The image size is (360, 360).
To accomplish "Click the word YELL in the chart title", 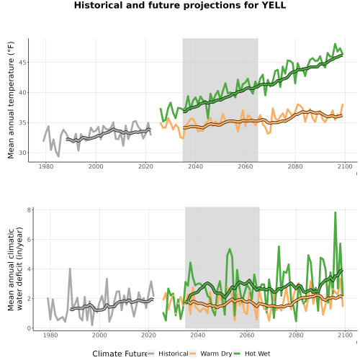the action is [274, 5].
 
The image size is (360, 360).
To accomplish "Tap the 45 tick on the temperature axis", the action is [22, 63].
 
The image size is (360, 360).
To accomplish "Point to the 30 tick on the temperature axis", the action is [22, 153].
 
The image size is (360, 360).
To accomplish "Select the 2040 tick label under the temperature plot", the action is [195, 166].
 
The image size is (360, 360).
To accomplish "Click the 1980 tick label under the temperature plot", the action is [46, 166].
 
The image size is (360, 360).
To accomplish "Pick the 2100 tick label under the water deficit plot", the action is [345, 335].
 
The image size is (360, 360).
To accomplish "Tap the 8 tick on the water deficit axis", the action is [30, 210].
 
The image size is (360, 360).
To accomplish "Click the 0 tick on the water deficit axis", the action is [30, 328].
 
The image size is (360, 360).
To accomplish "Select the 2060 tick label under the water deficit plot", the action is [246, 335].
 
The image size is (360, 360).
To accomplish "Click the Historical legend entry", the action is [168, 354].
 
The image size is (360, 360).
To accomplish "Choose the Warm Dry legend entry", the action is [211, 354].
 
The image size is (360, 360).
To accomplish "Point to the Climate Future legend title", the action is [120, 354].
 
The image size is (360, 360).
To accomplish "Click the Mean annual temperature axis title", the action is [11, 100].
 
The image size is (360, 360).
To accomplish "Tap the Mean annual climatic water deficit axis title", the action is [15, 269].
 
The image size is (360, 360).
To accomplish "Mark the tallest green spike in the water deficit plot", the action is [336, 212].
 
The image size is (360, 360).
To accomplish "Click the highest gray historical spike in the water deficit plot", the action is [70, 269].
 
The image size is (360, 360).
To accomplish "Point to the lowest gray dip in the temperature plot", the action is [58, 156].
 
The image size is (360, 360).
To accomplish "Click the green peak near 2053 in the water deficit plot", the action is [230, 249].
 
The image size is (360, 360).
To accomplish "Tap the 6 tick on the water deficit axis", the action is [30, 240].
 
